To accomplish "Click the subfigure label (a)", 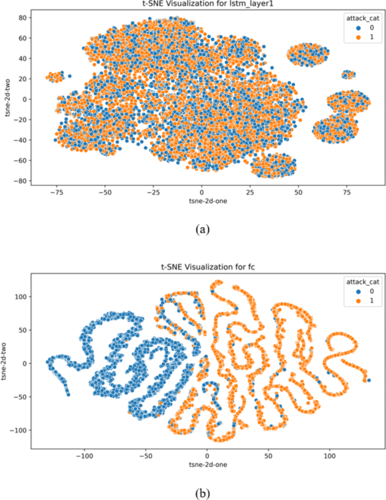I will click(202, 229).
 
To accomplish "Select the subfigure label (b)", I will click(202, 494).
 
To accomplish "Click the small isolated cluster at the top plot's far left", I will click(56, 77).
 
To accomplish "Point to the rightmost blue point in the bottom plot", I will click(369, 380).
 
